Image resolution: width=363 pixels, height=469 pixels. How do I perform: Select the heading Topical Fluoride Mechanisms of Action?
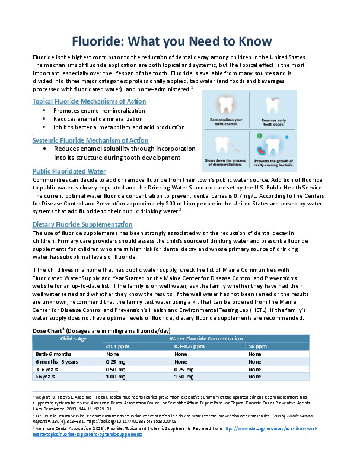coord(89,101)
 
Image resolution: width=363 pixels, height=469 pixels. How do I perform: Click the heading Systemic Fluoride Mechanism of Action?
coord(90,140)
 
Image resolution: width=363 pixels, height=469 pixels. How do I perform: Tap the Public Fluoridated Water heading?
coord(69,171)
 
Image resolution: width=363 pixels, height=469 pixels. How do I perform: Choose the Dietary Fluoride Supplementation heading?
coord(82,224)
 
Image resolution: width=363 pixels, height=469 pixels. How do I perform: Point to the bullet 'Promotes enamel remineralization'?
coord(98,111)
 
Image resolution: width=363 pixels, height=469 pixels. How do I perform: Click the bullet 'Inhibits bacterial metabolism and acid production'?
coord(119,127)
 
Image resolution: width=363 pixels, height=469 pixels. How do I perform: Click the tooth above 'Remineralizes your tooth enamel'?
coord(226,105)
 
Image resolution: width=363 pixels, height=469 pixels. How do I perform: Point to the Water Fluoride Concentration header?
coord(205,338)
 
